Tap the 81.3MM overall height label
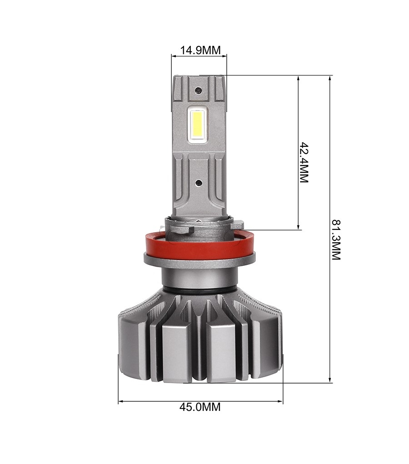pos(335,240)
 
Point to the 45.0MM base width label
pos(200,407)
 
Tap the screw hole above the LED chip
pos(198,90)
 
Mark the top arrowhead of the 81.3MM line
pos(330,78)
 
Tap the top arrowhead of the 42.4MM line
pos(298,78)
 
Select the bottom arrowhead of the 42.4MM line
pos(298,227)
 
